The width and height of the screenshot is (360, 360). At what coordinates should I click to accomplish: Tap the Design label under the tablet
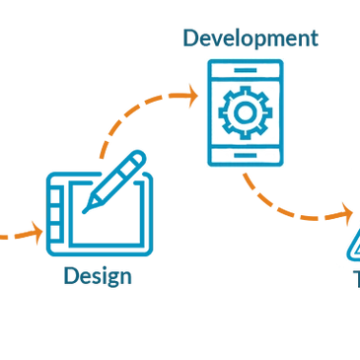tap(98, 276)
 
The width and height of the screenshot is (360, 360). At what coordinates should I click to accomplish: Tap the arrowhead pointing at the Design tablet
tap(36, 234)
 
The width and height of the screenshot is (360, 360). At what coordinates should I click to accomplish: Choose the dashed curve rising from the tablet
tap(123, 123)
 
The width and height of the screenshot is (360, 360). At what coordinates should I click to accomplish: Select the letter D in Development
tap(188, 39)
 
